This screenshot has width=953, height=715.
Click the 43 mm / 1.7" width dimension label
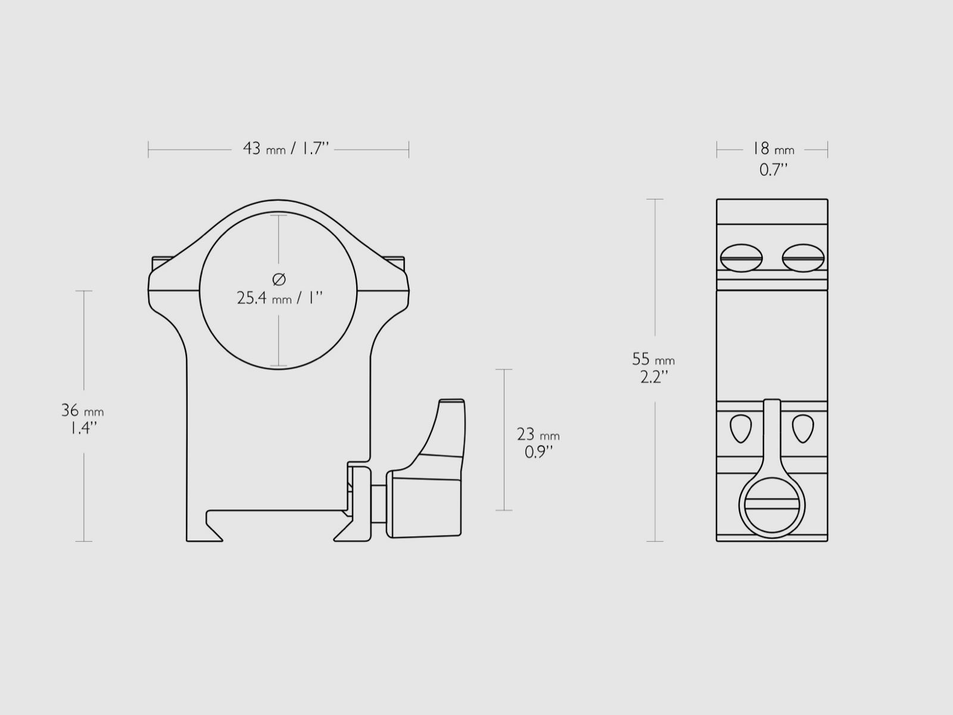285,148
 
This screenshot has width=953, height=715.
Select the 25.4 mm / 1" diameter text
279,298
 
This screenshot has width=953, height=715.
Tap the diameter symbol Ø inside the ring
279,279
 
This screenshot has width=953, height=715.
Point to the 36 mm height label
82,411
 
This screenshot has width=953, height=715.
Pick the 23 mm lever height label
538,434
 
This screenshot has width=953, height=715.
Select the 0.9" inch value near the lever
538,452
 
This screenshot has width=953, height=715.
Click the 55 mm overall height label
653,359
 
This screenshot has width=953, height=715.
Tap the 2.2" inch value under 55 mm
653,377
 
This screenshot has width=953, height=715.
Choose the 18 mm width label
773,148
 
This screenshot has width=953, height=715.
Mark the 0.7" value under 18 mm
773,170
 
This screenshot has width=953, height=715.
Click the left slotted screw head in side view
741,258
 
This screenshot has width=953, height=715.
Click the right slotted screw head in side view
803,258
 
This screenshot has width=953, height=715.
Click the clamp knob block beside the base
424,503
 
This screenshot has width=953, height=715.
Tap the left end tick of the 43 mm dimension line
148,150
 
